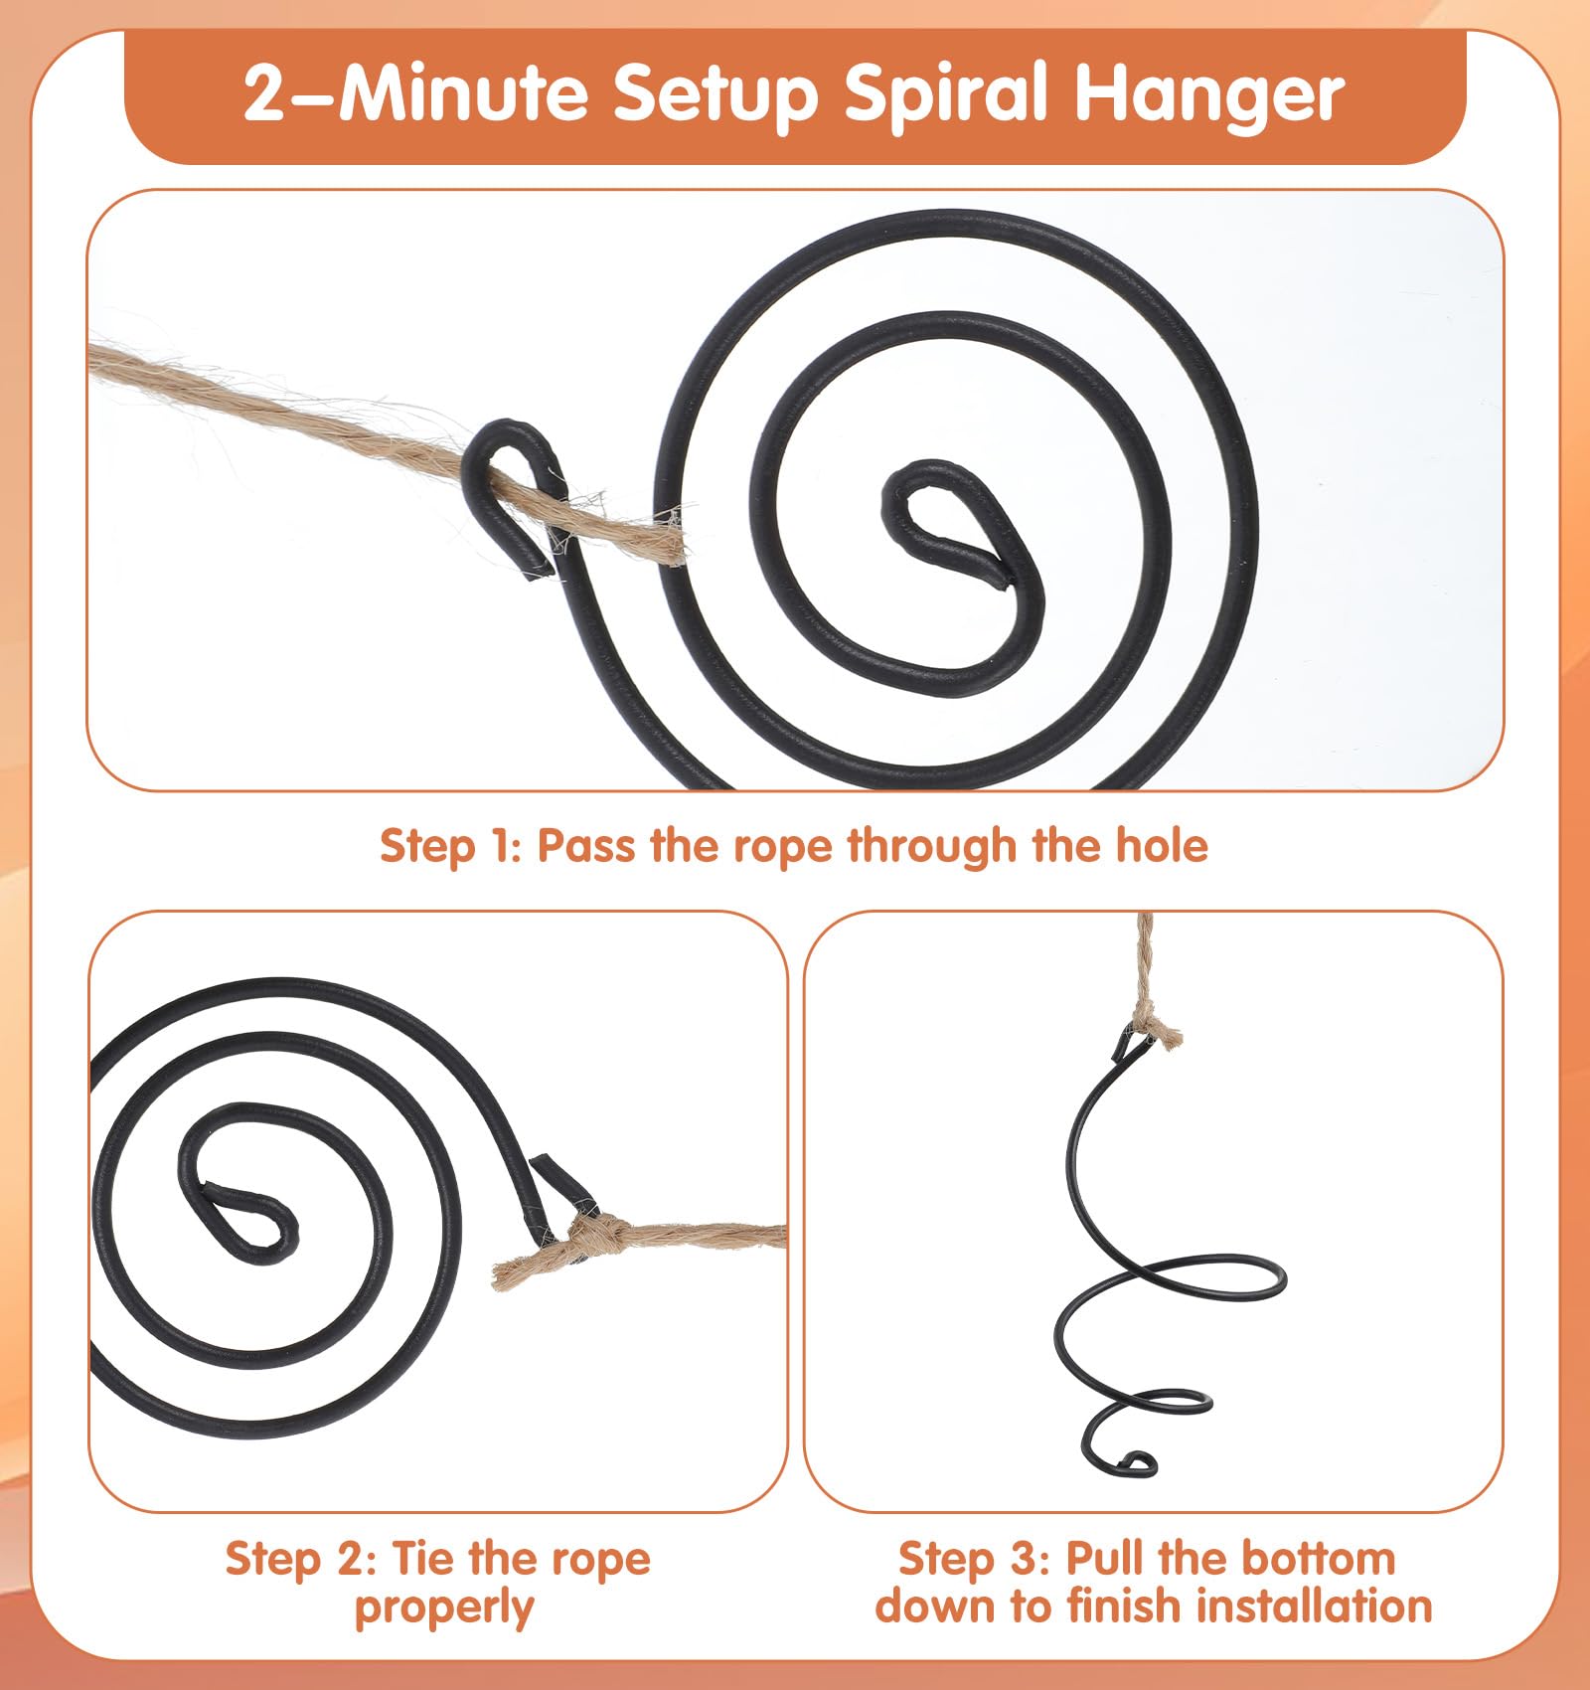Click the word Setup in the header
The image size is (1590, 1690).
pos(715,94)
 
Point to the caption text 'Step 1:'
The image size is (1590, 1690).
pos(451,846)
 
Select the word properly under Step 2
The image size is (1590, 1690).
pos(444,1608)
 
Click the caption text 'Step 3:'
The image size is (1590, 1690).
pos(973,1558)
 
